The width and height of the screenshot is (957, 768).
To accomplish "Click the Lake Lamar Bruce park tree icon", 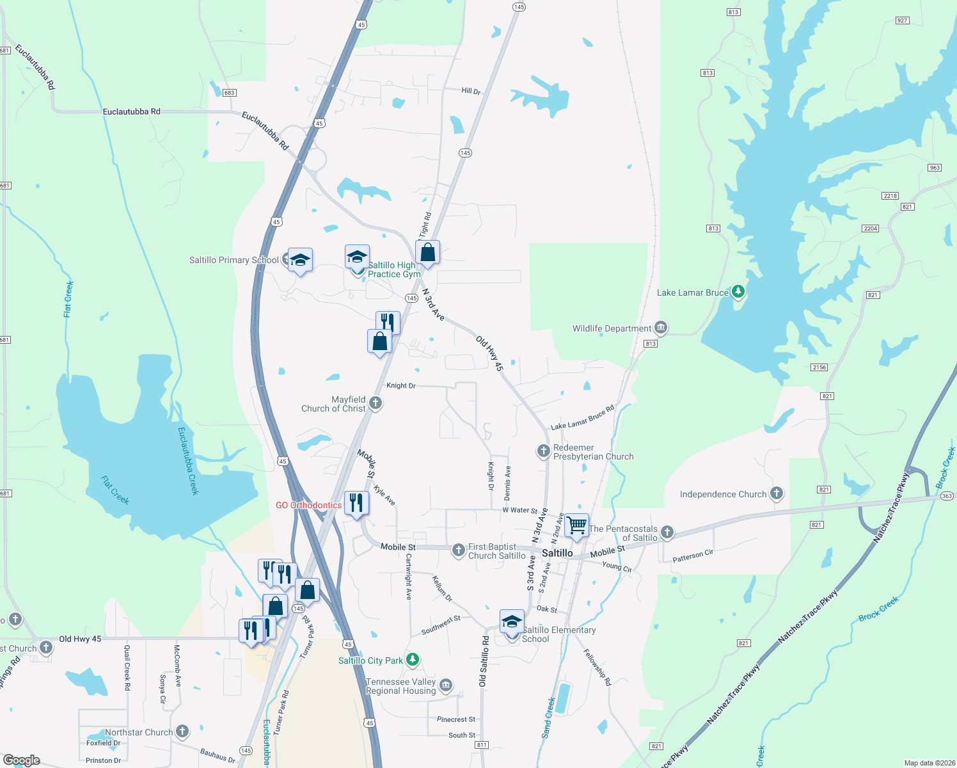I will click(x=738, y=292).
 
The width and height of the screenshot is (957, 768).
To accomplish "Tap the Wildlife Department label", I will click(x=612, y=328).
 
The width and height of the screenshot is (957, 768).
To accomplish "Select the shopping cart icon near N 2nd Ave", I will click(x=577, y=525).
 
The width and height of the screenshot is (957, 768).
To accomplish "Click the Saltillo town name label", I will click(x=557, y=553).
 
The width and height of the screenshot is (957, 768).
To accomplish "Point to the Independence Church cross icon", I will click(x=777, y=493).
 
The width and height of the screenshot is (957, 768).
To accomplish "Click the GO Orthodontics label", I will click(x=308, y=505).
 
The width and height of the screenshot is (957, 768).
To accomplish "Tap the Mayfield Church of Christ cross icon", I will click(x=376, y=403).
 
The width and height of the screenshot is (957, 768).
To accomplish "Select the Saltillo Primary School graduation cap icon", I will click(x=300, y=260).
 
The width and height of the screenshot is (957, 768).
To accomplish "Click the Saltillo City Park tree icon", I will click(x=413, y=660).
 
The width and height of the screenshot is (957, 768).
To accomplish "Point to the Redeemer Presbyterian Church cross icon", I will click(x=543, y=451).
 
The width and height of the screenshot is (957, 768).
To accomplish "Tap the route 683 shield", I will click(x=230, y=93).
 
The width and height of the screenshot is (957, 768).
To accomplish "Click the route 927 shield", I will click(x=902, y=20).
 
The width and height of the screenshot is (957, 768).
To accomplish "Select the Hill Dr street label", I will click(x=471, y=92).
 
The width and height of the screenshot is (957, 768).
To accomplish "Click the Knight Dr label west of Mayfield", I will click(x=401, y=386).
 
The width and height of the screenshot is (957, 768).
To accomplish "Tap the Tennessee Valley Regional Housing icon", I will click(x=446, y=685).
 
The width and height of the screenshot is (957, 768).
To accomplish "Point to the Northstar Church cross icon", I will click(x=182, y=732).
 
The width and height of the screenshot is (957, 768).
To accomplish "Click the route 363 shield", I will click(x=947, y=496).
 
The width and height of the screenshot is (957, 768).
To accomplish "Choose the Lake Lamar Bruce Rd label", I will click(x=582, y=417).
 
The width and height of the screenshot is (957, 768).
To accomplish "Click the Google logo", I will click(x=22, y=760).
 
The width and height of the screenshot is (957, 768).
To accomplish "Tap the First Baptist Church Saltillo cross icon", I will click(x=458, y=550).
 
